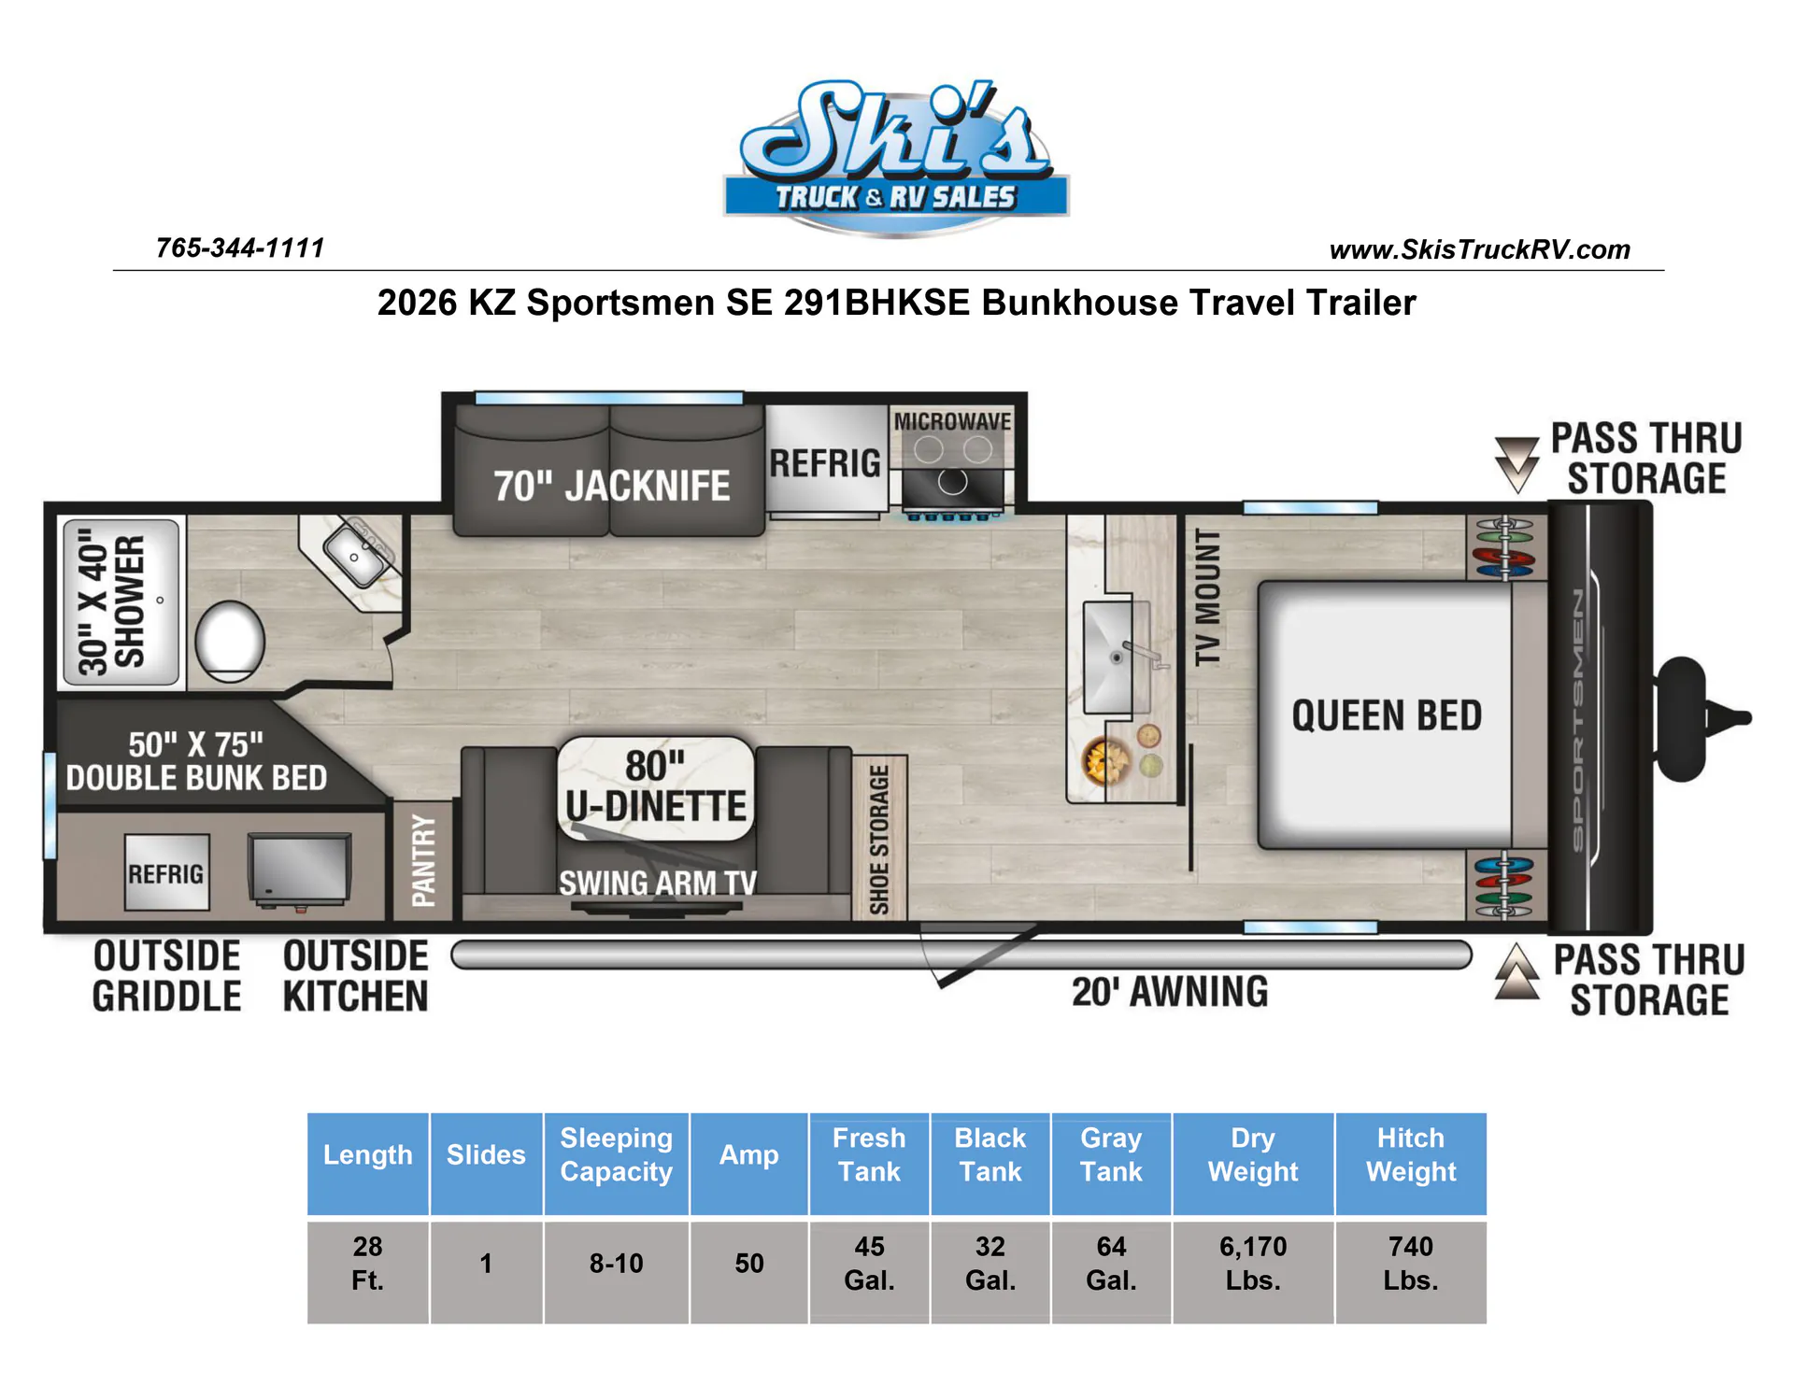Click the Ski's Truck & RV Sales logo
[x=896, y=156]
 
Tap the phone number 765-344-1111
[x=240, y=247]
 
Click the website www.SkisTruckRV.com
[x=1479, y=249]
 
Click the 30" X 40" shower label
[x=113, y=602]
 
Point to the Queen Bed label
[x=1387, y=715]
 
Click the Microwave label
[x=952, y=421]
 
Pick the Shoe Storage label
[x=878, y=839]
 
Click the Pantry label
[x=423, y=860]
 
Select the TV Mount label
[x=1207, y=597]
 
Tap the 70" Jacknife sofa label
[x=612, y=486]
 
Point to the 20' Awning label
[x=1170, y=992]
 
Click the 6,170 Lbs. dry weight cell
[x=1253, y=1264]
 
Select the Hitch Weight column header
[x=1411, y=1155]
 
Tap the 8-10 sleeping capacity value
[x=616, y=1264]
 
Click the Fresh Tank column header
[x=869, y=1155]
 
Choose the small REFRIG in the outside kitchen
[x=166, y=873]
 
